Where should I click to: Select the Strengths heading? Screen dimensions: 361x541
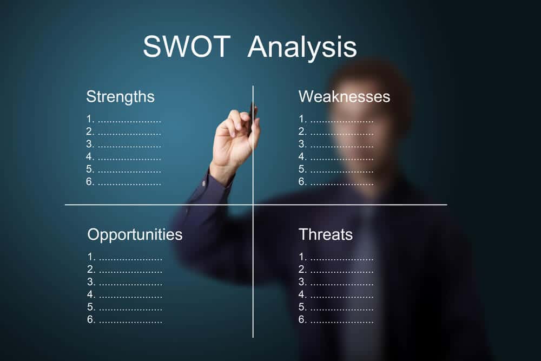120,97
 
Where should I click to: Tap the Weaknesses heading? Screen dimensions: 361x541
344,97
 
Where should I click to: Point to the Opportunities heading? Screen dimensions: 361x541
135,235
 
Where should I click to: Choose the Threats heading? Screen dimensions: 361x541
325,235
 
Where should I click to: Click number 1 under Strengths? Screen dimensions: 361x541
90,119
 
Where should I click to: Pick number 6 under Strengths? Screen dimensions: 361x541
90,182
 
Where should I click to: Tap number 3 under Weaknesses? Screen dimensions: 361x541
302,145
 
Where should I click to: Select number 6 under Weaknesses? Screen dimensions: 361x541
302,182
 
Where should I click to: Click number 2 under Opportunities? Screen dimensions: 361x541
91,270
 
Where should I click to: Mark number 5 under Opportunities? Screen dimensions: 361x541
91,307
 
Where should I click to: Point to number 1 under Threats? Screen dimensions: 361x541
302,257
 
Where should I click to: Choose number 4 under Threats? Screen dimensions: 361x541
302,295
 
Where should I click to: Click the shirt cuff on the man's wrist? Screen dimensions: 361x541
219,179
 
